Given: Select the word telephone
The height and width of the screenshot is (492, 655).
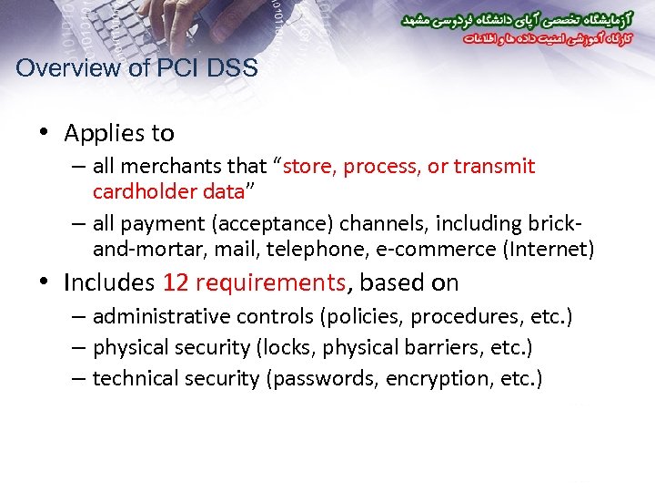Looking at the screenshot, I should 317,249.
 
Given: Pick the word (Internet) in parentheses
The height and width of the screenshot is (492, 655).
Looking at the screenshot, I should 549,249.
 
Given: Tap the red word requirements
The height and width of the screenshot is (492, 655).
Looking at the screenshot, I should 269,283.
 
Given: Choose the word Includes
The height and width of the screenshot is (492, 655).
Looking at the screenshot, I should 110,283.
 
